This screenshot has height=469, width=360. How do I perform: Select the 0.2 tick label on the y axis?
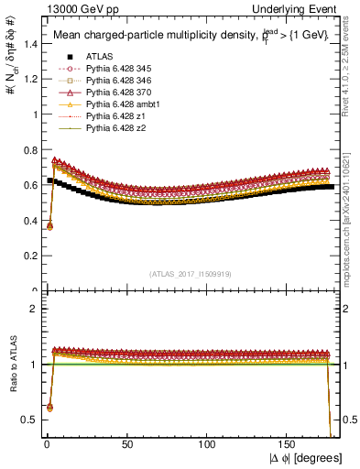[x=26, y=256]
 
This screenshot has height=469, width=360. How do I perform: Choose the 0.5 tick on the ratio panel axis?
[x=26, y=420]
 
